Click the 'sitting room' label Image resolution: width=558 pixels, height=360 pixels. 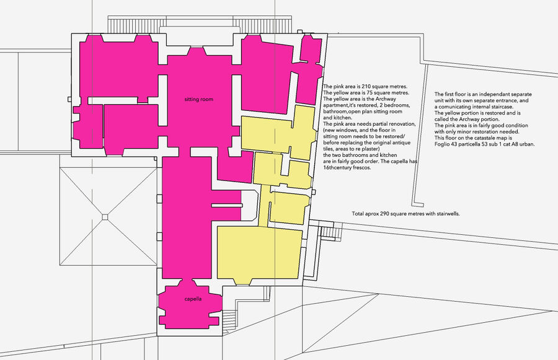point(198,99)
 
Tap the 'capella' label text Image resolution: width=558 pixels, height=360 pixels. point(193,299)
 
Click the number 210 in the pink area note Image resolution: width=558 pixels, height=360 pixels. point(366,87)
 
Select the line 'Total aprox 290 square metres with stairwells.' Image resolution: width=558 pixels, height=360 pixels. point(405,214)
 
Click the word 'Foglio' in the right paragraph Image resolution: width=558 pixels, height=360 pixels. point(442,144)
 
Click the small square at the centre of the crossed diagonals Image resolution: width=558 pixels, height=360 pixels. point(105,217)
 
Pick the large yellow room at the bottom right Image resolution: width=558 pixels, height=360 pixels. point(259,253)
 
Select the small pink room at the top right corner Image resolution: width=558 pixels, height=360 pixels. point(311,48)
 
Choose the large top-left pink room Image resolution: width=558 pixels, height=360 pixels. point(119,68)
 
